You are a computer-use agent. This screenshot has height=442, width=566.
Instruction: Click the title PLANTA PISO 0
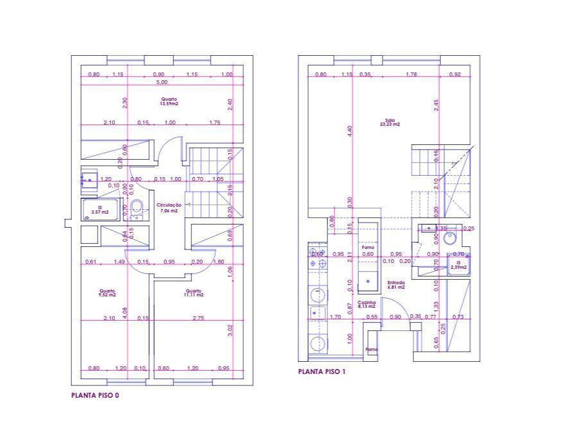[x=95, y=396]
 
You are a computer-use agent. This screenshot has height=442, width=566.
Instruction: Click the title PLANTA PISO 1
[x=322, y=371]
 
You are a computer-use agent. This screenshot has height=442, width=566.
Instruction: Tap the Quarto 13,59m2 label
[x=169, y=101]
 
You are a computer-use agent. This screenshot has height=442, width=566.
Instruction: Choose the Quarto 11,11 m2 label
[x=193, y=293]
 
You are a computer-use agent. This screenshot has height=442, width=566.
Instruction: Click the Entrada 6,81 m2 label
[x=395, y=285]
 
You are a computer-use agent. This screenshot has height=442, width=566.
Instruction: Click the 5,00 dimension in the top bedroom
[x=161, y=82]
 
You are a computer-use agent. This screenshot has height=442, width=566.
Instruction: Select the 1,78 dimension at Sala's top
[x=411, y=74]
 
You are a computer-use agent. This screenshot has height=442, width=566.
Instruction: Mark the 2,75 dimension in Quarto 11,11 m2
[x=198, y=318]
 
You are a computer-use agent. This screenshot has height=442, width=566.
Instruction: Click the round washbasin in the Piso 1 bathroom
[x=450, y=239]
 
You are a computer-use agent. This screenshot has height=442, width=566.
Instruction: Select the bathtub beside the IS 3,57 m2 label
[x=99, y=209]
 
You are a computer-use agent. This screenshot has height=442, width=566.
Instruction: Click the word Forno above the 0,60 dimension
[x=368, y=246]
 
